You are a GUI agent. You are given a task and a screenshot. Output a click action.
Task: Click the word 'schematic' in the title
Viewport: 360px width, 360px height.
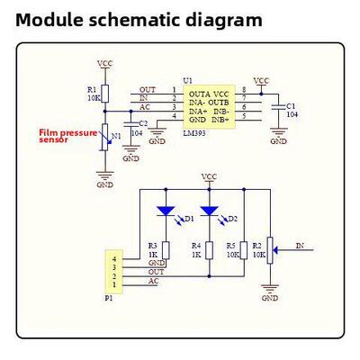[133, 20]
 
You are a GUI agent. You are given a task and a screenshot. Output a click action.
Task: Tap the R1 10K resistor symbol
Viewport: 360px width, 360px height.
[104, 94]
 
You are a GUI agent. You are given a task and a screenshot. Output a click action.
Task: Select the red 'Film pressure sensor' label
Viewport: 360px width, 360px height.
[68, 136]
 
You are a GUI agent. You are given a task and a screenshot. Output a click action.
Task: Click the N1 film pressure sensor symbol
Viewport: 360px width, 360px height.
[104, 137]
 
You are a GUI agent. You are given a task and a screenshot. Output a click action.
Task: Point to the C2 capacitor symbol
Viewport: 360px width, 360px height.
[131, 124]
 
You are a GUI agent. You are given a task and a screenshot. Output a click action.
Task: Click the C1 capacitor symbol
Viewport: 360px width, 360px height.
[278, 106]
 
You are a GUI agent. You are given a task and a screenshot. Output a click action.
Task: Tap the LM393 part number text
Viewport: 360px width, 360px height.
[194, 133]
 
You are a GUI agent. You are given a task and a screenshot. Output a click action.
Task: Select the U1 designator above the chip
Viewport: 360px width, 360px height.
[188, 81]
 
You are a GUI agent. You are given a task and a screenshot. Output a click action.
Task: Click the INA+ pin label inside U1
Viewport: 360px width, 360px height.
[198, 112]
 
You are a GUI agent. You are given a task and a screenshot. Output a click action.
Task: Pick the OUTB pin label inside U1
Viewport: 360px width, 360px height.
[219, 103]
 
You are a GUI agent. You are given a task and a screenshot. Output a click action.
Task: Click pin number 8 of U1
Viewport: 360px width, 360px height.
[244, 89]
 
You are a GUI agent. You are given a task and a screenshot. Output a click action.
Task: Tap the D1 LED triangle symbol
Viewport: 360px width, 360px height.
[166, 211]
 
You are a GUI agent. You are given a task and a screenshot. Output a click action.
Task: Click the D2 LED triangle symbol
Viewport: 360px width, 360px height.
[209, 211]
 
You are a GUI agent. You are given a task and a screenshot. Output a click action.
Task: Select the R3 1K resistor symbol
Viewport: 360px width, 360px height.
[166, 250]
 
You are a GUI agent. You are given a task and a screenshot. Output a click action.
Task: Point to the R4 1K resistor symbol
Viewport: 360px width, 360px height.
[210, 250]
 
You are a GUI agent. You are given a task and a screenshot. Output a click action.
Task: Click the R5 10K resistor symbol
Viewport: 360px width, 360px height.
[244, 250]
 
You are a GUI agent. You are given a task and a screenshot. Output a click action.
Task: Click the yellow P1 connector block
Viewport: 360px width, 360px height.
[114, 272]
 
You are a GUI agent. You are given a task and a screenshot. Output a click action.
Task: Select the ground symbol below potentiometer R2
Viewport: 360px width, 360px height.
[270, 288]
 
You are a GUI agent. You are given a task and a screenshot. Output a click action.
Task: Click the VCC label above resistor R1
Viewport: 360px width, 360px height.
[105, 64]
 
